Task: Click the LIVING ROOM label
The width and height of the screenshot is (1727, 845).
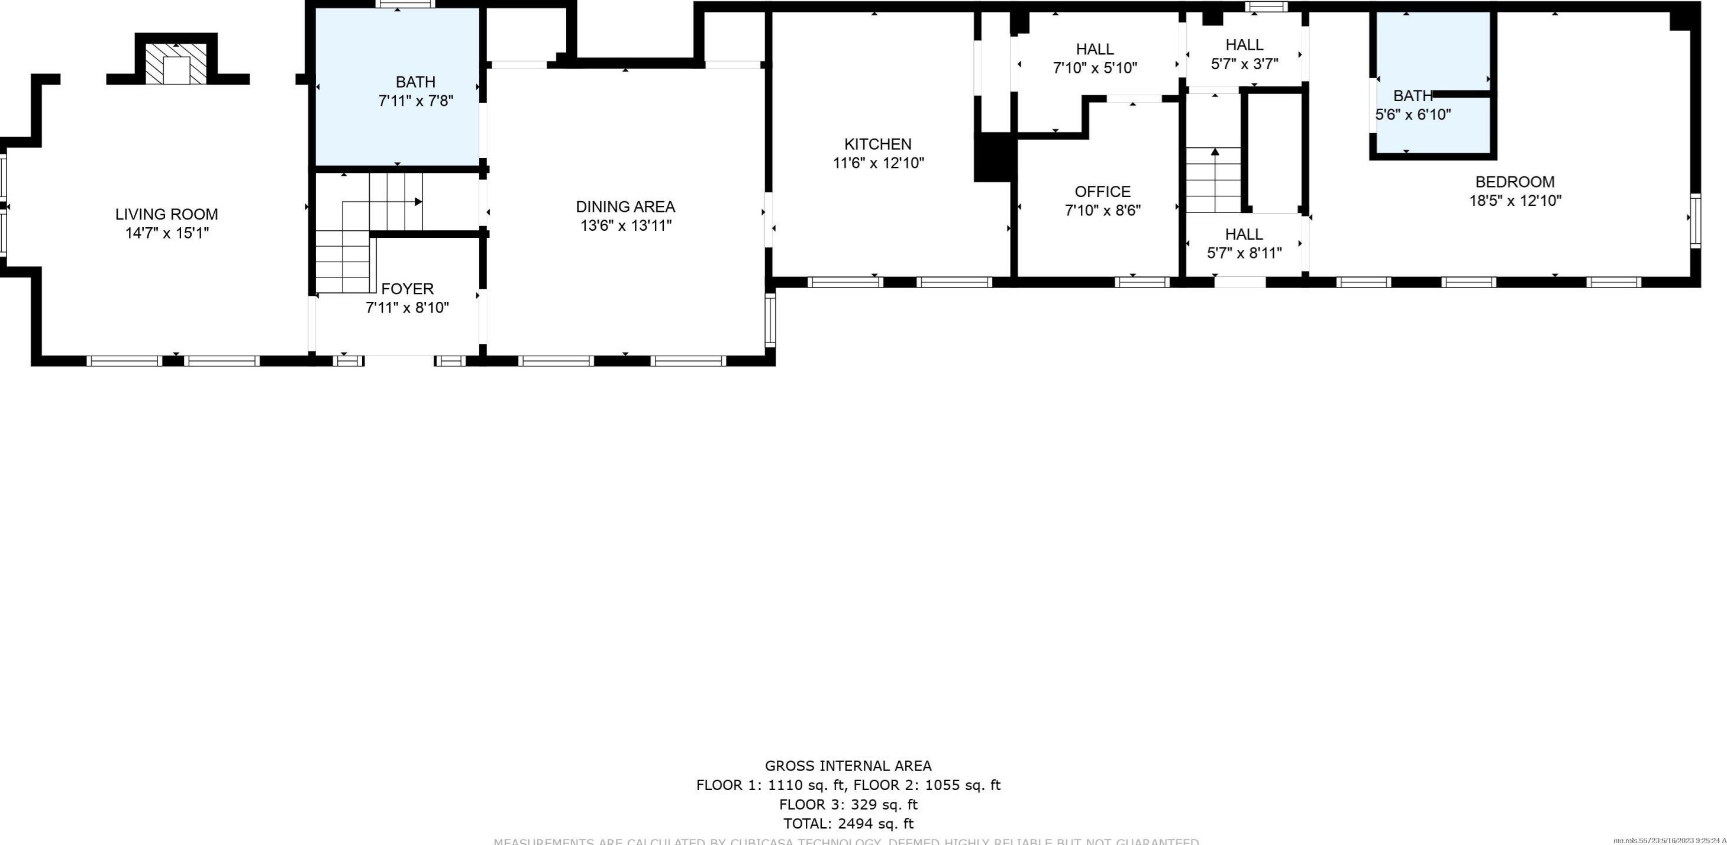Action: coord(166,215)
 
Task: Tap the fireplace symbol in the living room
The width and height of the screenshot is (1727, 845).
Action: coord(176,65)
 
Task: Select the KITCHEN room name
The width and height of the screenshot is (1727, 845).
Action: coord(877,144)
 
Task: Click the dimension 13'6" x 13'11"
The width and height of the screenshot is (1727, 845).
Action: coord(625,225)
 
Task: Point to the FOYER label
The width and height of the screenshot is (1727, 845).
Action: coord(407,289)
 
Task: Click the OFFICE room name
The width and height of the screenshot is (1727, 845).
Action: coord(1102,192)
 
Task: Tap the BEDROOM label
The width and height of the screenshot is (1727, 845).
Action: coord(1515,182)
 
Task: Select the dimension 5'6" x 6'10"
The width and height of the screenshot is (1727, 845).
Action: coord(1413,115)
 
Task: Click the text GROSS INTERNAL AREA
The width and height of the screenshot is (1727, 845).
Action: coord(848,766)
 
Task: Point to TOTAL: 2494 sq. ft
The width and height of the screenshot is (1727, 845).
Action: coord(848,824)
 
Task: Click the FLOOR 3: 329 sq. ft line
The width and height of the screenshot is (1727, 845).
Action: coord(848,804)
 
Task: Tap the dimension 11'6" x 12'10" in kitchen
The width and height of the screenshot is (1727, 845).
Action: coord(877,163)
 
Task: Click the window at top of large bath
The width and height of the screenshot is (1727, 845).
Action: coord(405,5)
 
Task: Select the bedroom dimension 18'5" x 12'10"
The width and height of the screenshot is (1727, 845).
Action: coord(1515,201)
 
